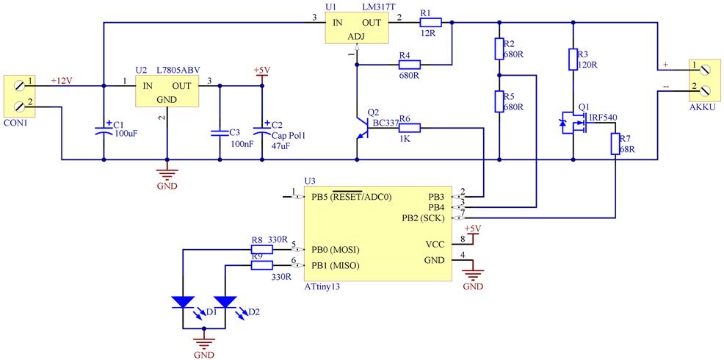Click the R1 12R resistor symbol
coord(429,23)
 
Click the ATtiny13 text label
coord(322,288)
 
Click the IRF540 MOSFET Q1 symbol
coord(575,123)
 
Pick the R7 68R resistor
coord(616,144)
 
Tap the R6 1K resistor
coord(409,129)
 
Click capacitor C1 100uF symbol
coord(104,132)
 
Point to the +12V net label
coord(62,80)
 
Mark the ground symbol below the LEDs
coord(203,340)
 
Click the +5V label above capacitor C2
coord(261,70)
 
